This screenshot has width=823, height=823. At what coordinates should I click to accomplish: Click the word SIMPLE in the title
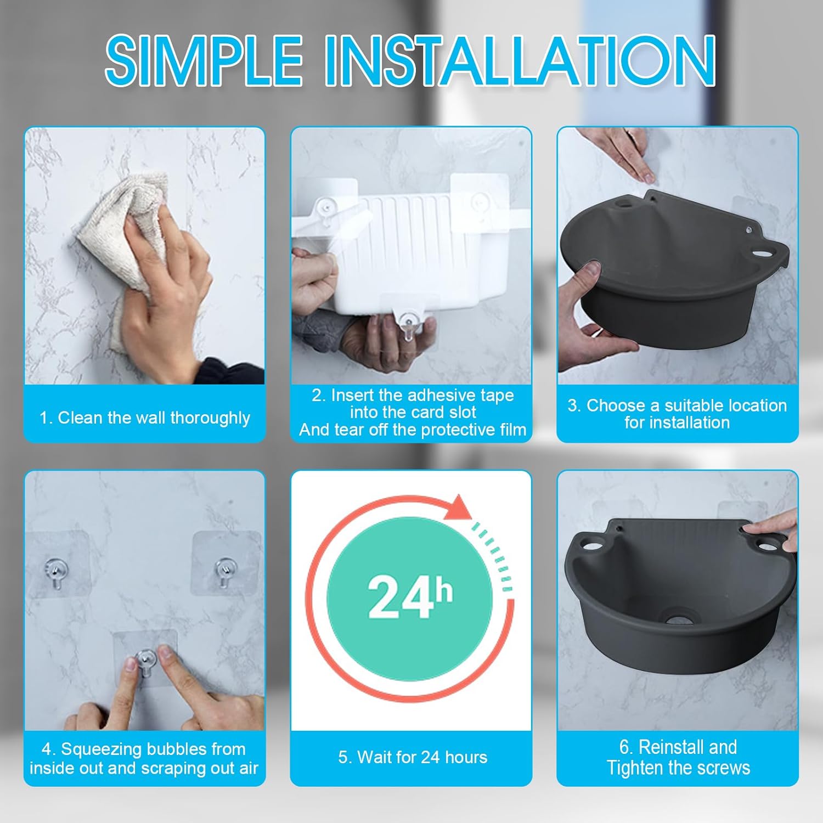[x=204, y=60]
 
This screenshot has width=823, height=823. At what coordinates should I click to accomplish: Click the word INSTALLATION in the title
[x=521, y=60]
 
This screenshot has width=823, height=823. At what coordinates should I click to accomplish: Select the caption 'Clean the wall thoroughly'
[x=154, y=418]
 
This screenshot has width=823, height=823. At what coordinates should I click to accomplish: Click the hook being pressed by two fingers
[x=145, y=662]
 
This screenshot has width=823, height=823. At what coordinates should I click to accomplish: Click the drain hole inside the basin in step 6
[x=680, y=619]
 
